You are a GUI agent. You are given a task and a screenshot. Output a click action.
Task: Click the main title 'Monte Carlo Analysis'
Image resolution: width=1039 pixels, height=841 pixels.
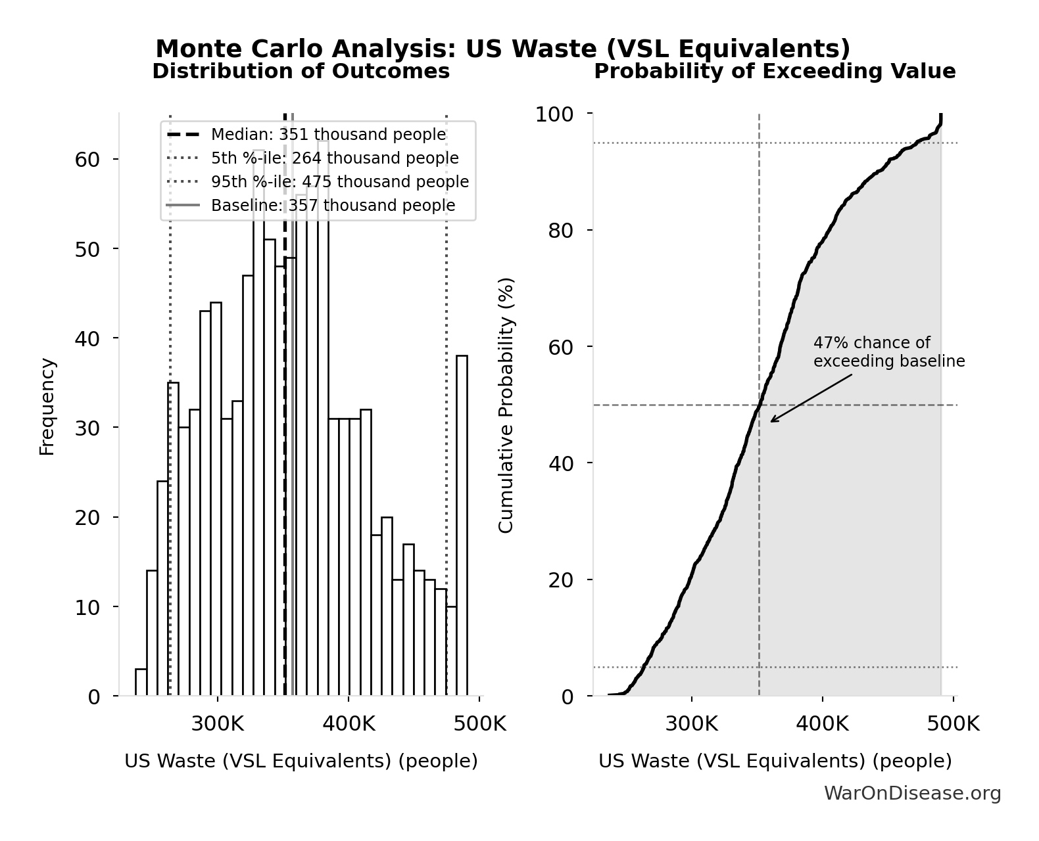coord(502,49)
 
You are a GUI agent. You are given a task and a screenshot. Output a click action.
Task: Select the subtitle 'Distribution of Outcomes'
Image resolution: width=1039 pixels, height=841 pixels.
coord(301,71)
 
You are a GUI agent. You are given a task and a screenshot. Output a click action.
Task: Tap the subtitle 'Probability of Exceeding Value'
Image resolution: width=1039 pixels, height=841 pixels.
coord(775,71)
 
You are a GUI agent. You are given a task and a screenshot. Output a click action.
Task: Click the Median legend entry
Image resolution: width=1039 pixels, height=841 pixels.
coord(327,135)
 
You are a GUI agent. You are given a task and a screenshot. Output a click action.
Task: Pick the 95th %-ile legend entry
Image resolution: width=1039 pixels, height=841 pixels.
coord(339,182)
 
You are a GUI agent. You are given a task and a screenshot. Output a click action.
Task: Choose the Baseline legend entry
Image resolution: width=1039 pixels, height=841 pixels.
coord(333,206)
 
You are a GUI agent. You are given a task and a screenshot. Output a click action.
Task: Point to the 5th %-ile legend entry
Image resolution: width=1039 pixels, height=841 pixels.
coord(334,158)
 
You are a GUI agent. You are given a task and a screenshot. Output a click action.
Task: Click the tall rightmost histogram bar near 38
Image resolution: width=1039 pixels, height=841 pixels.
coord(462,526)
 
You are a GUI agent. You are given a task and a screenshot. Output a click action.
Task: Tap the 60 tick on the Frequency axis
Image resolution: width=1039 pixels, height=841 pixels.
coord(87,160)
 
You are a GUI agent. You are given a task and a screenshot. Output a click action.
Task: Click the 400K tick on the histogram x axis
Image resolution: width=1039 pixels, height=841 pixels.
coord(349,725)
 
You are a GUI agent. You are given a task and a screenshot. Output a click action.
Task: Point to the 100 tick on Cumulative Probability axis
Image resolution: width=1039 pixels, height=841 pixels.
coord(554,114)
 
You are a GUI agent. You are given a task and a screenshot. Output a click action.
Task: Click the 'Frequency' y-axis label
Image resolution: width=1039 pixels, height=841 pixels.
coord(47,406)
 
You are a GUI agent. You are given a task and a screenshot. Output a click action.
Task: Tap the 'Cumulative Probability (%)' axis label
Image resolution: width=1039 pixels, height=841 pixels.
coord(506,405)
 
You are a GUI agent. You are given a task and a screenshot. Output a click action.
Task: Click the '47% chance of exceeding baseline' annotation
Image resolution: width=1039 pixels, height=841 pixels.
coord(888,352)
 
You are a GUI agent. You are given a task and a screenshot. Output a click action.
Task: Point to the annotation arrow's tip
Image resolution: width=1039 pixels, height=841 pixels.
coord(771,421)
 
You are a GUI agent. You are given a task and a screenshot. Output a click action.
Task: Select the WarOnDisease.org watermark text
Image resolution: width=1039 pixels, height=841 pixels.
coord(912,794)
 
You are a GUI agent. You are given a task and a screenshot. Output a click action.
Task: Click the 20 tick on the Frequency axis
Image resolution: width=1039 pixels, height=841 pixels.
coord(87,518)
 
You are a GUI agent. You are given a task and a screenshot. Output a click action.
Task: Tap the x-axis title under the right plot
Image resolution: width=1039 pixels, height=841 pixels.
coord(775,761)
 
